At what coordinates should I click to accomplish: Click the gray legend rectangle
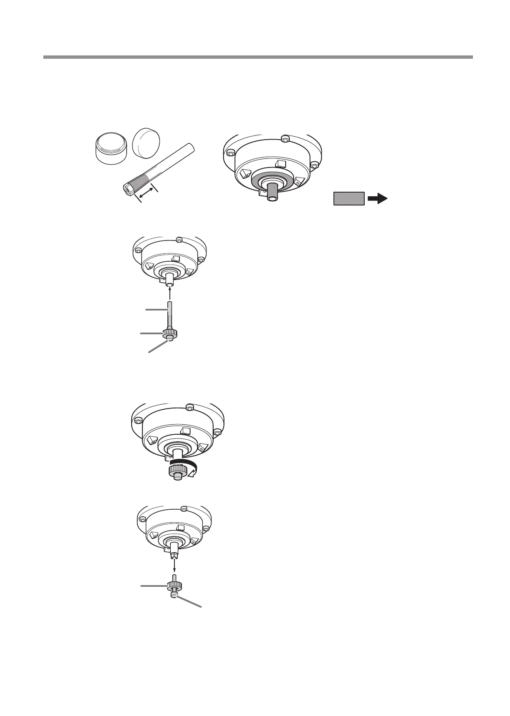[349, 199]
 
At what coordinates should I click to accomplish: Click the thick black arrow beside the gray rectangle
[378, 199]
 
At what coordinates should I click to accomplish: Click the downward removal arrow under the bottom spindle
[174, 565]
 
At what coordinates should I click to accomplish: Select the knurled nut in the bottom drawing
[174, 586]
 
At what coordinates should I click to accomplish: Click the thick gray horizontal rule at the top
[258, 57]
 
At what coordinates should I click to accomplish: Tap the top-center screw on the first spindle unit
[284, 138]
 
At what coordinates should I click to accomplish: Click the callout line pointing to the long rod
[157, 309]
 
